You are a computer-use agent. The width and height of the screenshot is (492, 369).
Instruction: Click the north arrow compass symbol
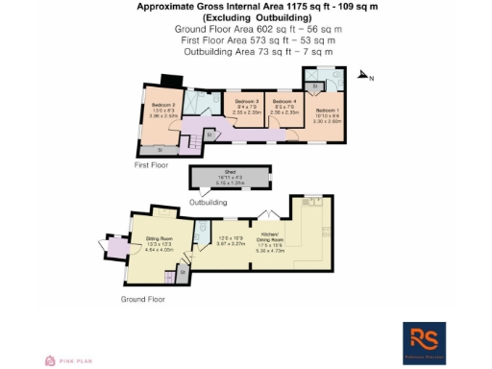pos(364,76)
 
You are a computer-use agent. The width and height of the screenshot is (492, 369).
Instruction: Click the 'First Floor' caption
pos(152,164)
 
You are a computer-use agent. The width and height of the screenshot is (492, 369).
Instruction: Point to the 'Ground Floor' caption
pos(143,299)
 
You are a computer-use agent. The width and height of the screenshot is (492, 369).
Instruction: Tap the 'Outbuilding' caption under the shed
pos(209,203)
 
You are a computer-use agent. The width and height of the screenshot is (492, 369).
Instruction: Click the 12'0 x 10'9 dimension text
pos(227,237)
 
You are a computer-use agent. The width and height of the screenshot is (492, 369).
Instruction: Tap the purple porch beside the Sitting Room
pos(116,249)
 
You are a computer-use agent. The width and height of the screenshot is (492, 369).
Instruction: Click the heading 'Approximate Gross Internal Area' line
pos(245,7)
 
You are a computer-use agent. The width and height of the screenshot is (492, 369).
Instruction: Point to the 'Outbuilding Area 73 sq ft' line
pos(245,53)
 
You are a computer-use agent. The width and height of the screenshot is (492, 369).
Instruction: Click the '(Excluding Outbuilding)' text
pos(245,18)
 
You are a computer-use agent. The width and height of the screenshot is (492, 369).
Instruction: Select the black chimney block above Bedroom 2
pos(171,80)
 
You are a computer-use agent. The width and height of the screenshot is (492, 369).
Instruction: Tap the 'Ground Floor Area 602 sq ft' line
pos(245,30)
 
